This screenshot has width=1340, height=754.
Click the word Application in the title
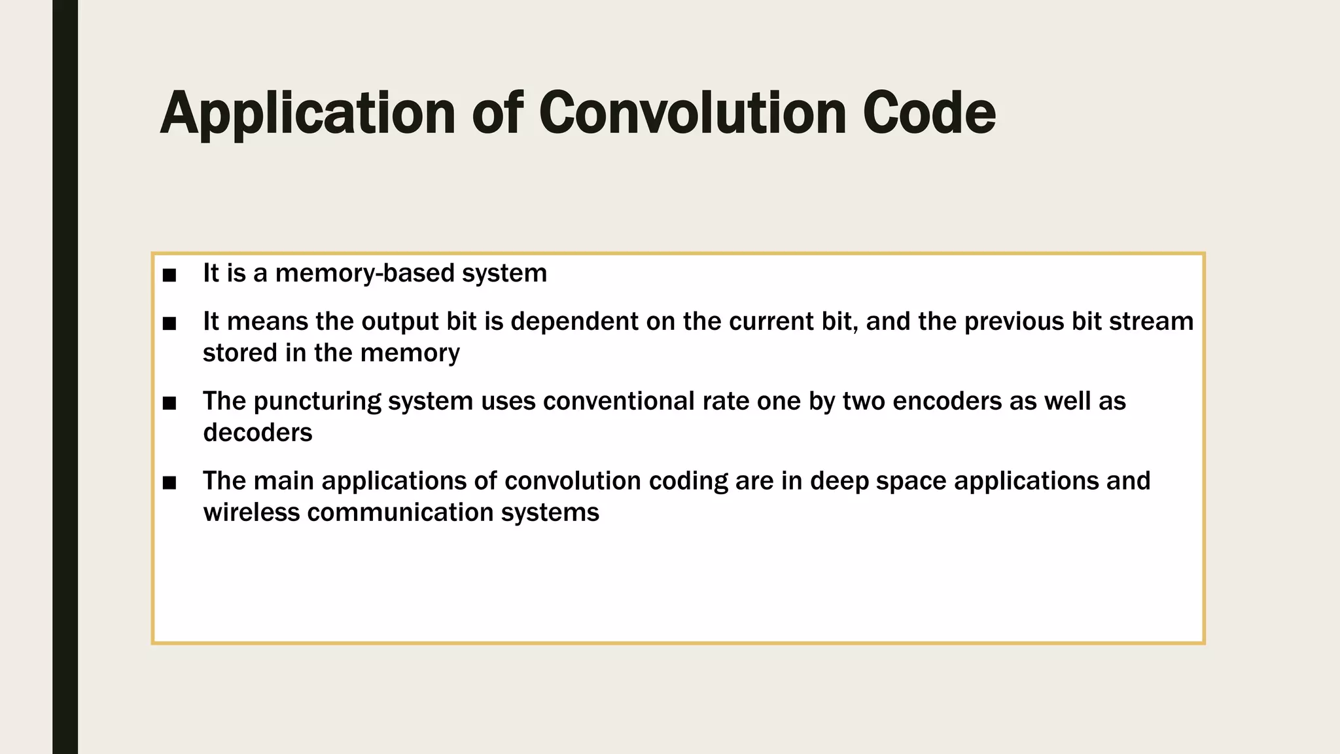click(x=308, y=114)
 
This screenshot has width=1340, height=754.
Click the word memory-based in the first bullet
click(x=364, y=274)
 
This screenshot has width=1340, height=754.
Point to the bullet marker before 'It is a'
click(x=169, y=276)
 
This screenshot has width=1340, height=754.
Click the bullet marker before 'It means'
click(x=169, y=323)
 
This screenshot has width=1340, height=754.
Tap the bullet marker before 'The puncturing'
click(x=169, y=403)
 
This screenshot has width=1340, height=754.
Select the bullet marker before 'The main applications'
click(x=169, y=483)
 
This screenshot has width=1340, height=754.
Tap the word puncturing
click(x=317, y=402)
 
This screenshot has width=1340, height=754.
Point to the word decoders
click(x=258, y=433)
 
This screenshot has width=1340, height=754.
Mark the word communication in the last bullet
click(x=400, y=512)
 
